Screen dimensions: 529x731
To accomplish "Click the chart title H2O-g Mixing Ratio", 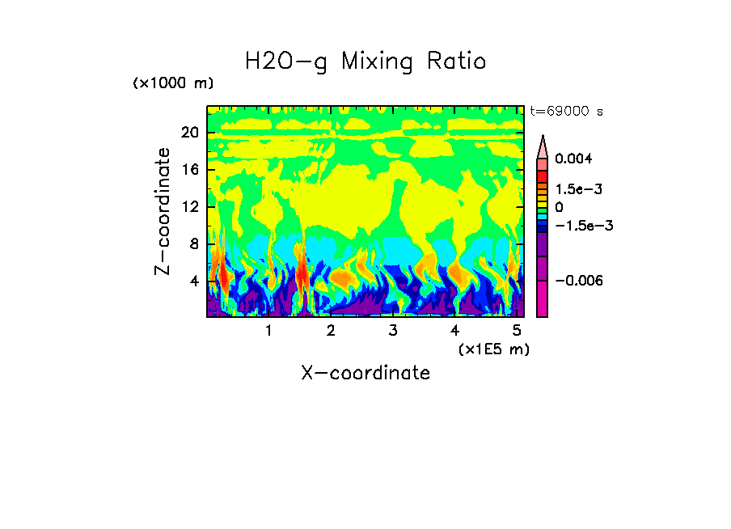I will pos(365,61).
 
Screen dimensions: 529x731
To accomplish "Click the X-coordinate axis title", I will pos(365,373).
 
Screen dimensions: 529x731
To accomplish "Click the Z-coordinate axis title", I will pos(164,211).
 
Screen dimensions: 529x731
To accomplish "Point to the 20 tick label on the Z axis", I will pos(190,133).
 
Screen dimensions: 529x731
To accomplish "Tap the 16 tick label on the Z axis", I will pos(190,170).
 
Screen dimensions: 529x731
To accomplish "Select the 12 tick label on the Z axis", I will pos(190,207).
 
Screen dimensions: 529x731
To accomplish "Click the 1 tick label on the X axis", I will pos(268,331).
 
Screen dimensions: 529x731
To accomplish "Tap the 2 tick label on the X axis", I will pos(331,331).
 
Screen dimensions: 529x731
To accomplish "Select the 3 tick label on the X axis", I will pos(393,331).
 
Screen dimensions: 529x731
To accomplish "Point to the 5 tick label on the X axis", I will pos(517,331).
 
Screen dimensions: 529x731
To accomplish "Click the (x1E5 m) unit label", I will pos(493,349).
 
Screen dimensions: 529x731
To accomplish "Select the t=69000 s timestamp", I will pos(567,111).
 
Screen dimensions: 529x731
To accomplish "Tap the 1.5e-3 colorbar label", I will pos(575,188).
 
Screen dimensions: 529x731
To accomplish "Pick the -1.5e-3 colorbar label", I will pos(578,226).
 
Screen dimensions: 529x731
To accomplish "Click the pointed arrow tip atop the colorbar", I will pos(543,138).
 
